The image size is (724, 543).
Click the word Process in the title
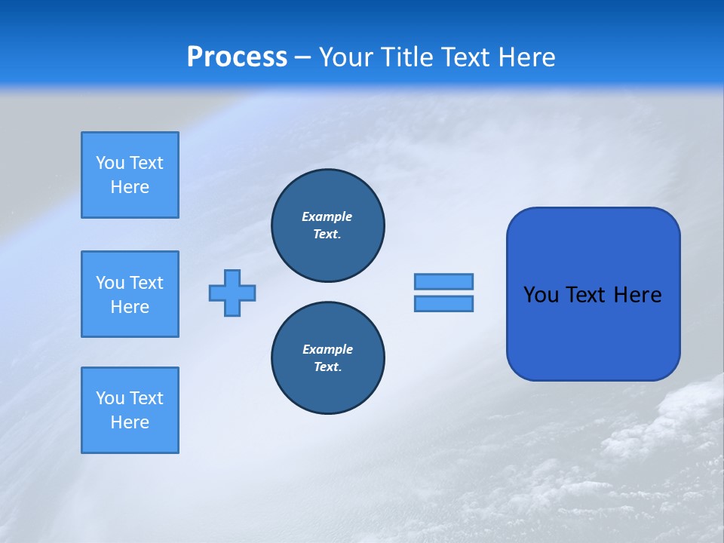[237, 57]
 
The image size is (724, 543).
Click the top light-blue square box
[130, 175]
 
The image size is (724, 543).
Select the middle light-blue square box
[130, 294]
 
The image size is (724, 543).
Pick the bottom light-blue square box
[130, 410]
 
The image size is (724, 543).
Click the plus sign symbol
[232, 293]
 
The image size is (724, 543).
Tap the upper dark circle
[327, 225]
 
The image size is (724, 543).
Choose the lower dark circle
[327, 358]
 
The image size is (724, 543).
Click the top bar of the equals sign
[443, 281]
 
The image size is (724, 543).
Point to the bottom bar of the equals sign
[443, 303]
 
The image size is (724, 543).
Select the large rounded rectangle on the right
[593, 332]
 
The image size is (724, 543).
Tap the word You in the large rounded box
[541, 295]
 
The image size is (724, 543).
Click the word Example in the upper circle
[327, 216]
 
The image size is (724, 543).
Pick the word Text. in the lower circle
[327, 367]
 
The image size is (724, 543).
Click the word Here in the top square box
[130, 187]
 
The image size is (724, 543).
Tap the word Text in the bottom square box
[146, 398]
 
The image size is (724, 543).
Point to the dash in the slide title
[303, 57]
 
